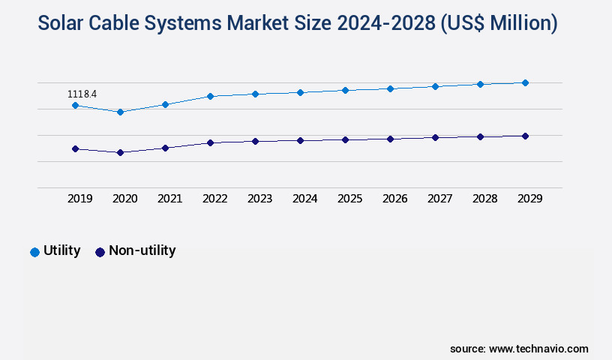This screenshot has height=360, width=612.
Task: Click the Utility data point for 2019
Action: coord(75,106)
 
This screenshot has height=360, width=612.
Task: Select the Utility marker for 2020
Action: coord(120,112)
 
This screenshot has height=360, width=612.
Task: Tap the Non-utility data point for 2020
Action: coord(120,152)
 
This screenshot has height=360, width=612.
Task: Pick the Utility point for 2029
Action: coord(525,82)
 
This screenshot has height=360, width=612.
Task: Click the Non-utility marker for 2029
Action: coord(525,136)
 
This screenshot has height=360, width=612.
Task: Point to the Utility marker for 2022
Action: coord(210,96)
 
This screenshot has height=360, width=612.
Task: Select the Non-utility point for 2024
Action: coord(300,140)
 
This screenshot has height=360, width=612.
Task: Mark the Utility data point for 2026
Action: coord(390,88)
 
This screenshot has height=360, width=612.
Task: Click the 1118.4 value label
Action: coord(82,94)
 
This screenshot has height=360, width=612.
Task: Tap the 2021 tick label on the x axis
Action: coord(169,199)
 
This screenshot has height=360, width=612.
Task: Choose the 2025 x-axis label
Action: coord(349,199)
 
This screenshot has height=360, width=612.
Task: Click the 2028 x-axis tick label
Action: coord(484,199)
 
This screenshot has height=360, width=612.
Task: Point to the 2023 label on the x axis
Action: coord(259,199)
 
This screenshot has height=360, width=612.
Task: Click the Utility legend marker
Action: coord(34,252)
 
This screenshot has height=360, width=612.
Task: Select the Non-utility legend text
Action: coord(142,250)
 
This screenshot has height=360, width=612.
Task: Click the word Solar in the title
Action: coord(64,23)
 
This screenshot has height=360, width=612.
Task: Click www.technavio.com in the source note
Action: coord(538,349)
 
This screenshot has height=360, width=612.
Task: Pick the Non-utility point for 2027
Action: coord(435,137)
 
